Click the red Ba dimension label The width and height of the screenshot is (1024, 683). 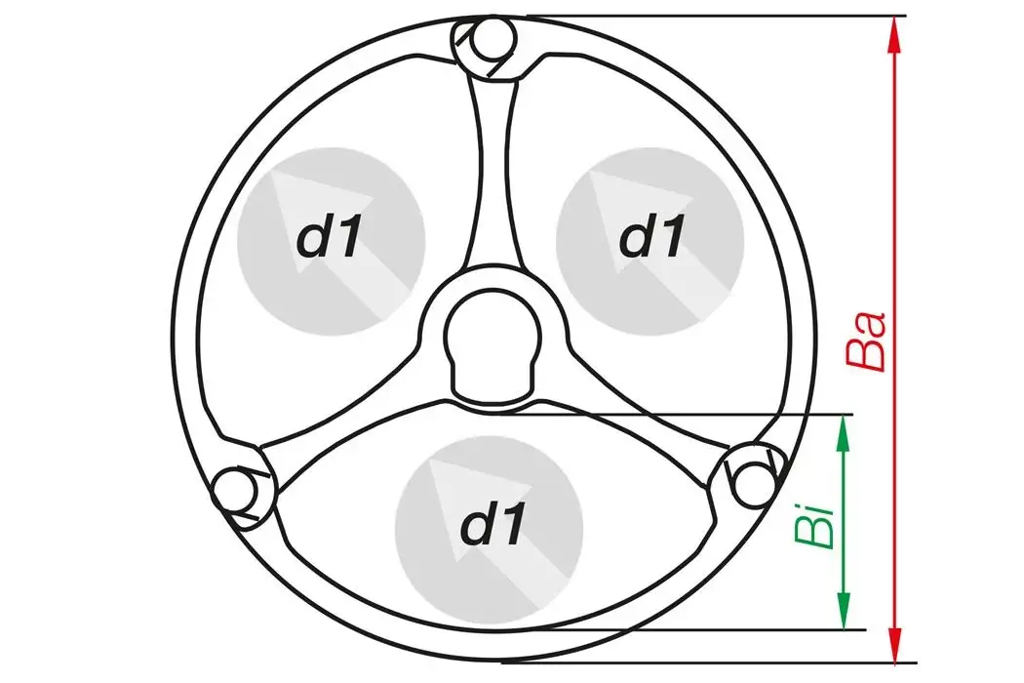[868, 341]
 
